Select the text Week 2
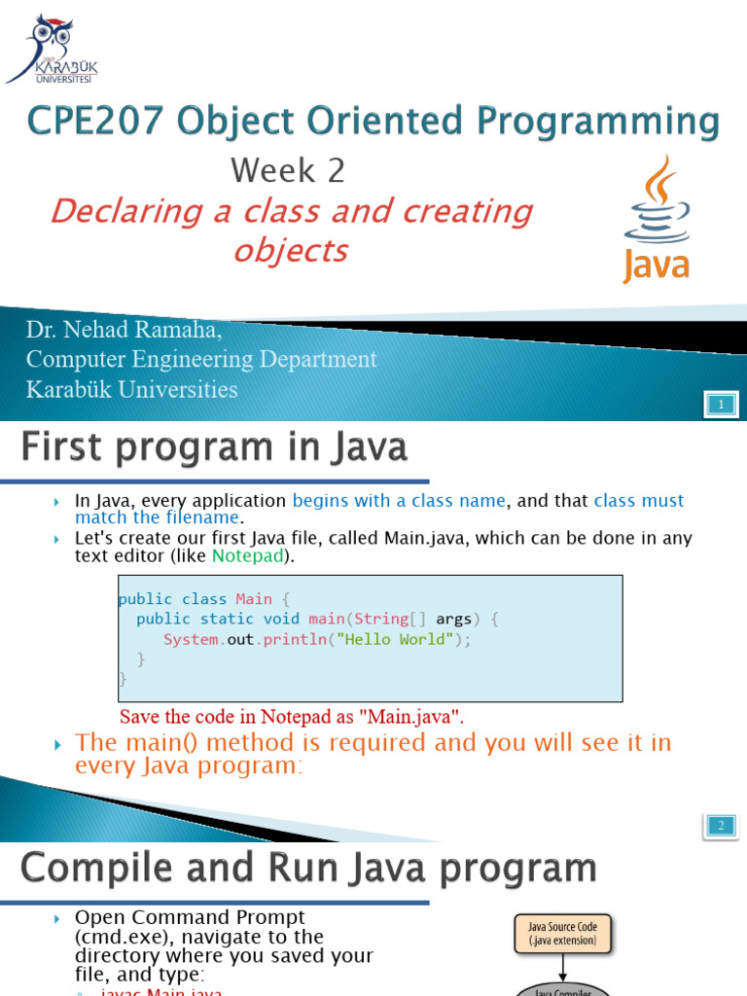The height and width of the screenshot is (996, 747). click(288, 171)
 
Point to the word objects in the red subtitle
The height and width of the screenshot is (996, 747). click(290, 251)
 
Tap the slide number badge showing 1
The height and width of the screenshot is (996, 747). click(721, 404)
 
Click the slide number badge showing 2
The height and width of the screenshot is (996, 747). click(721, 827)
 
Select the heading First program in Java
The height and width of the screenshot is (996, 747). click(215, 448)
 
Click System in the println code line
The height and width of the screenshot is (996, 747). click(191, 639)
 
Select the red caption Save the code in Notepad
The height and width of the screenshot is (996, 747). click(292, 717)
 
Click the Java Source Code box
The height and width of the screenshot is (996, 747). click(563, 936)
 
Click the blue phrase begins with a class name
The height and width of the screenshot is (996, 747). click(399, 501)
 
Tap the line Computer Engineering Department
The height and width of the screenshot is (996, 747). click(201, 360)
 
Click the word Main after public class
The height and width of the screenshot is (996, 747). click(254, 598)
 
